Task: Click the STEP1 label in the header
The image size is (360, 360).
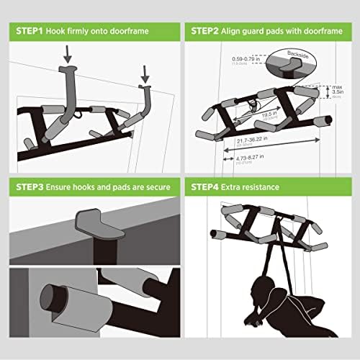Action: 26,32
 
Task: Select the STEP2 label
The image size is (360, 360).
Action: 208,32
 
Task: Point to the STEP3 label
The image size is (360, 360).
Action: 26,187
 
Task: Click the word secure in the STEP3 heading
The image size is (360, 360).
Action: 156,187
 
